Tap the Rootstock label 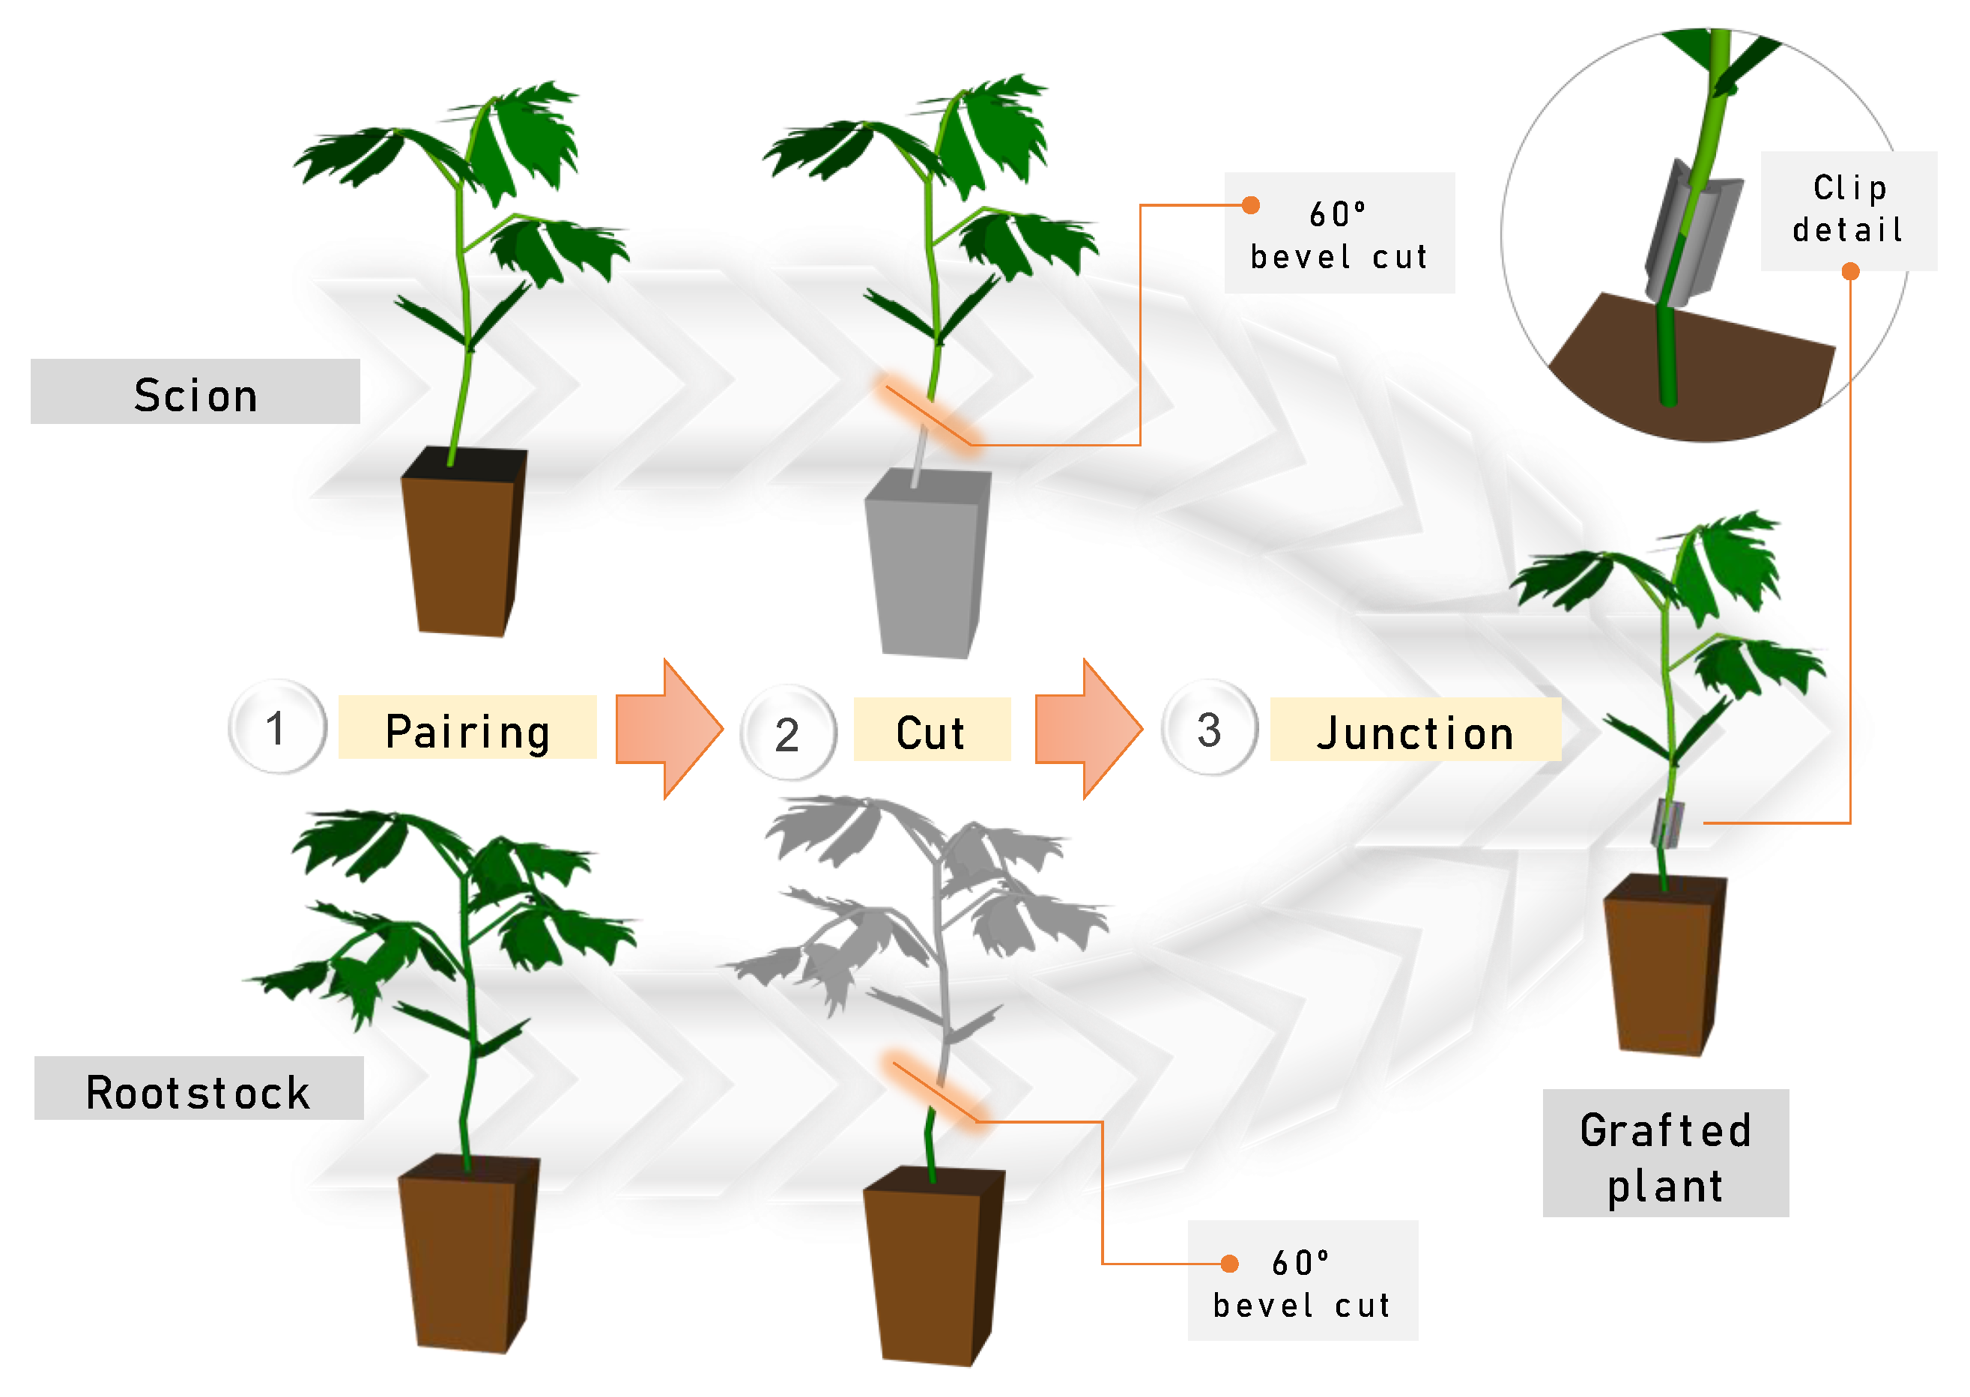click(x=198, y=1091)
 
